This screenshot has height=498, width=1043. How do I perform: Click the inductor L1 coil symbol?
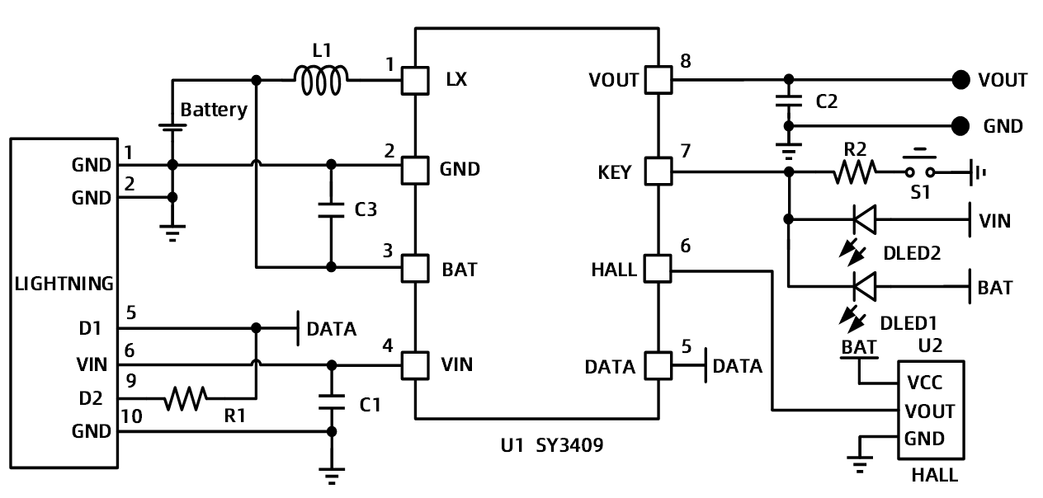321,80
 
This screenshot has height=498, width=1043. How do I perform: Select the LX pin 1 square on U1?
414,80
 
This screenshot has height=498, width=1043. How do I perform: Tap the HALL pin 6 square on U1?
657,269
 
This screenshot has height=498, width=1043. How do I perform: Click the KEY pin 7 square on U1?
657,171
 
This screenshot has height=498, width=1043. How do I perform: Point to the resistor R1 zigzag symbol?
186,399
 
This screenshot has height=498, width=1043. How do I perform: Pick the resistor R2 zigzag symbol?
856,171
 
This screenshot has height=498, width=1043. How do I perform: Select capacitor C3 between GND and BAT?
331,209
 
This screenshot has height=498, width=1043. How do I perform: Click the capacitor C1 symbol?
332,402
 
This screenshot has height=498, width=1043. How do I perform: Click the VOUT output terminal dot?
960,80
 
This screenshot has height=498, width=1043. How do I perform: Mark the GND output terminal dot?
960,126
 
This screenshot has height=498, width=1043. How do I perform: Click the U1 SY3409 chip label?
551,446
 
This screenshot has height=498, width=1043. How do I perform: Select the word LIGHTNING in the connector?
64,284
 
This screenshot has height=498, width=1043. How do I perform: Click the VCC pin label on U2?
923,383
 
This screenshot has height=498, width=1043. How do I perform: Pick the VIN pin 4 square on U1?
414,364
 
